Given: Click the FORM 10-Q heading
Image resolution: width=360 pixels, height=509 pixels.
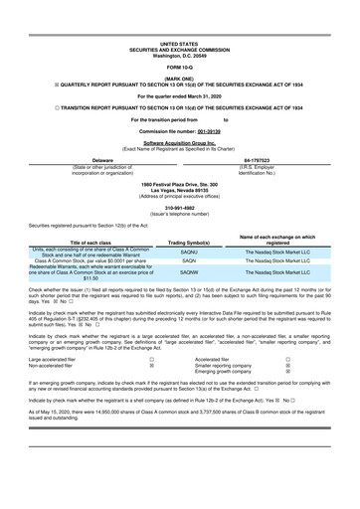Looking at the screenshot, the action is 179,66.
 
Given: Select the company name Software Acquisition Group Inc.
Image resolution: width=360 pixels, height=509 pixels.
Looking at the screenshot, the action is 179,143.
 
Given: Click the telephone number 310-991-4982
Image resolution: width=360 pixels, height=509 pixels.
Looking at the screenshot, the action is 179,207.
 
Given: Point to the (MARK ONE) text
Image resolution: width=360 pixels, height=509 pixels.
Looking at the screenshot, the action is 179,77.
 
